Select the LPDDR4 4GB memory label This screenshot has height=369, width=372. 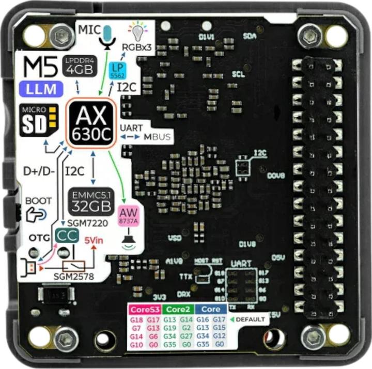(x=79, y=65)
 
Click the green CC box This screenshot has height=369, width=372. (x=68, y=236)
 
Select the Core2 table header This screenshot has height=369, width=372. (x=177, y=310)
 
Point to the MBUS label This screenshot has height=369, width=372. (x=158, y=137)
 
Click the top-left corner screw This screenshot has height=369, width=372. (x=63, y=34)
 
